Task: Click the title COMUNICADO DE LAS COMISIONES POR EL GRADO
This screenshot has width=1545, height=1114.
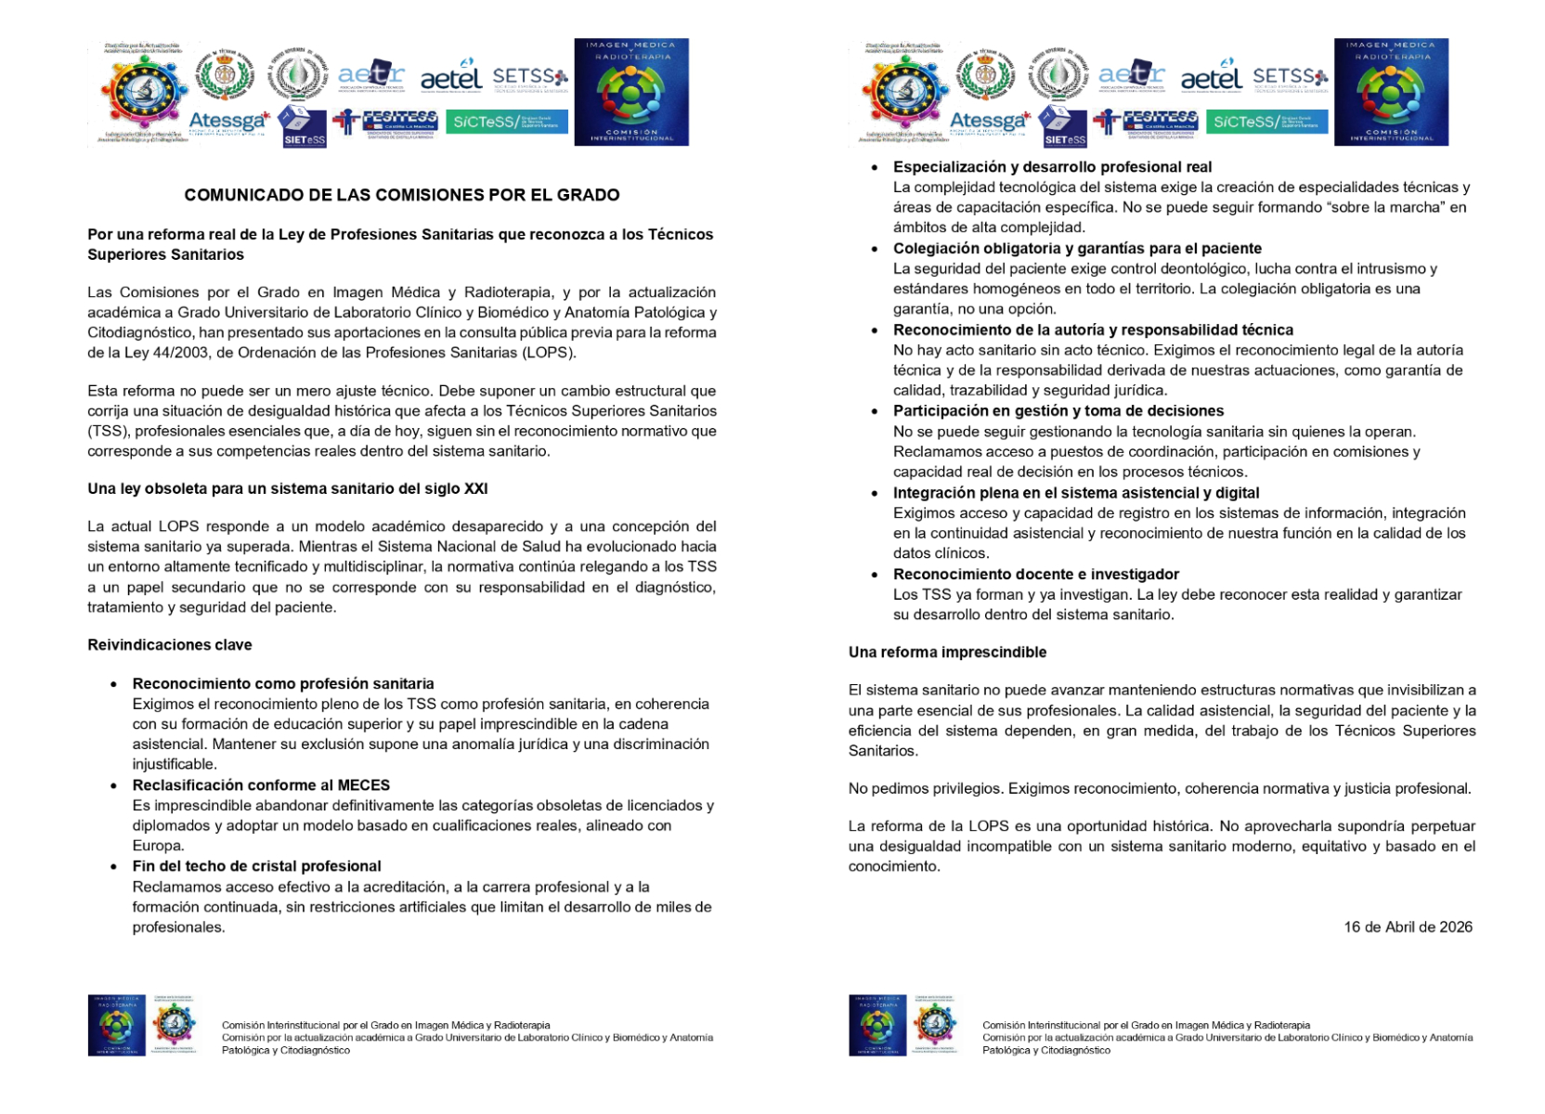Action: [401, 195]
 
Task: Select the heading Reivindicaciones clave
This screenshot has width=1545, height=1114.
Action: [170, 645]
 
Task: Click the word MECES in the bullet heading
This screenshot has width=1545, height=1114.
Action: [364, 785]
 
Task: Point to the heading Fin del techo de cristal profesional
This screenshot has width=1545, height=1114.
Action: [257, 866]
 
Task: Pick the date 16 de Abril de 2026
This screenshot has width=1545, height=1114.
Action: [1408, 927]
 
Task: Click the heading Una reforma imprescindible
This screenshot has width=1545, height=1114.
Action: [947, 653]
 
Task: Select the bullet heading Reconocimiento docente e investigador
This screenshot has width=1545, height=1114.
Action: [1036, 575]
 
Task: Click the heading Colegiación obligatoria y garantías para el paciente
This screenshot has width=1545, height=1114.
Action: [1077, 249]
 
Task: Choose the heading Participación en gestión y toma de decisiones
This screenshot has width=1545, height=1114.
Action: [1058, 411]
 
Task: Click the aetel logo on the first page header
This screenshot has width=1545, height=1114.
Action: [451, 78]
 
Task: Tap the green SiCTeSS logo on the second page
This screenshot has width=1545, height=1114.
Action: [1266, 122]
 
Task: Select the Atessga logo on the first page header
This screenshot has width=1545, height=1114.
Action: [228, 122]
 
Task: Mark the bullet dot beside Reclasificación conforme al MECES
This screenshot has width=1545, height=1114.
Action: [114, 786]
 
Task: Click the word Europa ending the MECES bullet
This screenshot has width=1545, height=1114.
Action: [157, 846]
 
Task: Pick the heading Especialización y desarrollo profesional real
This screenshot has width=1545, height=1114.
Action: [1052, 167]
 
